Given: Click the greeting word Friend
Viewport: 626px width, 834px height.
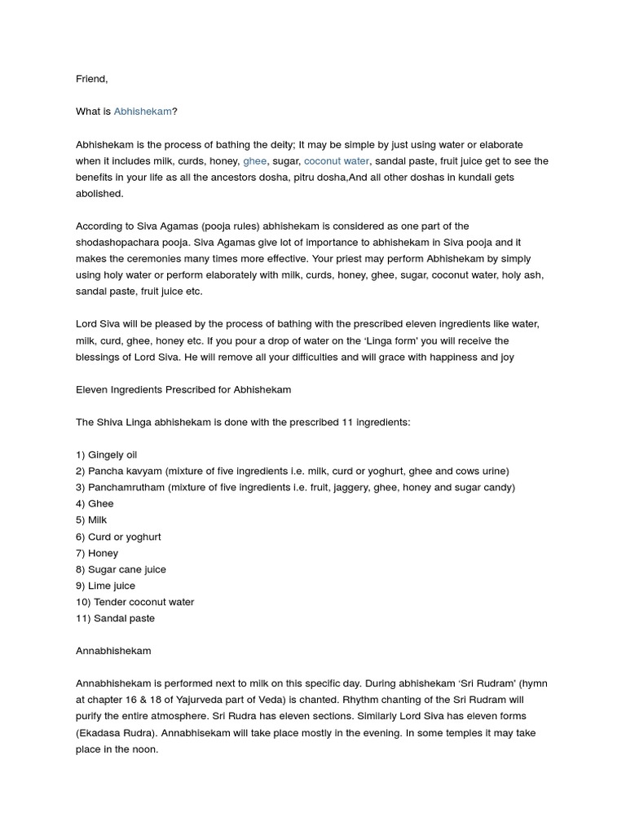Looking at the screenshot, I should coord(91,79).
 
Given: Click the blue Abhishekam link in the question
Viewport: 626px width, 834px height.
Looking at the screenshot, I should coord(143,112).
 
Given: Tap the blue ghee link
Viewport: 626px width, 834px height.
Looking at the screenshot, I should coord(254,161).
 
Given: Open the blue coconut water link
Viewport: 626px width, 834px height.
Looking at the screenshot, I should coord(337,161).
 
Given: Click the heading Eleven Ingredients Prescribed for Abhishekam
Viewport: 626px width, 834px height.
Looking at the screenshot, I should coord(183,389).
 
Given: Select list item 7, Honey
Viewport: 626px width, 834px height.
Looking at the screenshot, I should coord(97,553).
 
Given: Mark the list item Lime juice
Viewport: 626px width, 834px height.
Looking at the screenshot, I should coord(105,586).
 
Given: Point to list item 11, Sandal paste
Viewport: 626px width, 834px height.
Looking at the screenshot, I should coord(115,618).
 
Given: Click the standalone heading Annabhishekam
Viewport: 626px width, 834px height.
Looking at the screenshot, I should coord(113,651).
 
